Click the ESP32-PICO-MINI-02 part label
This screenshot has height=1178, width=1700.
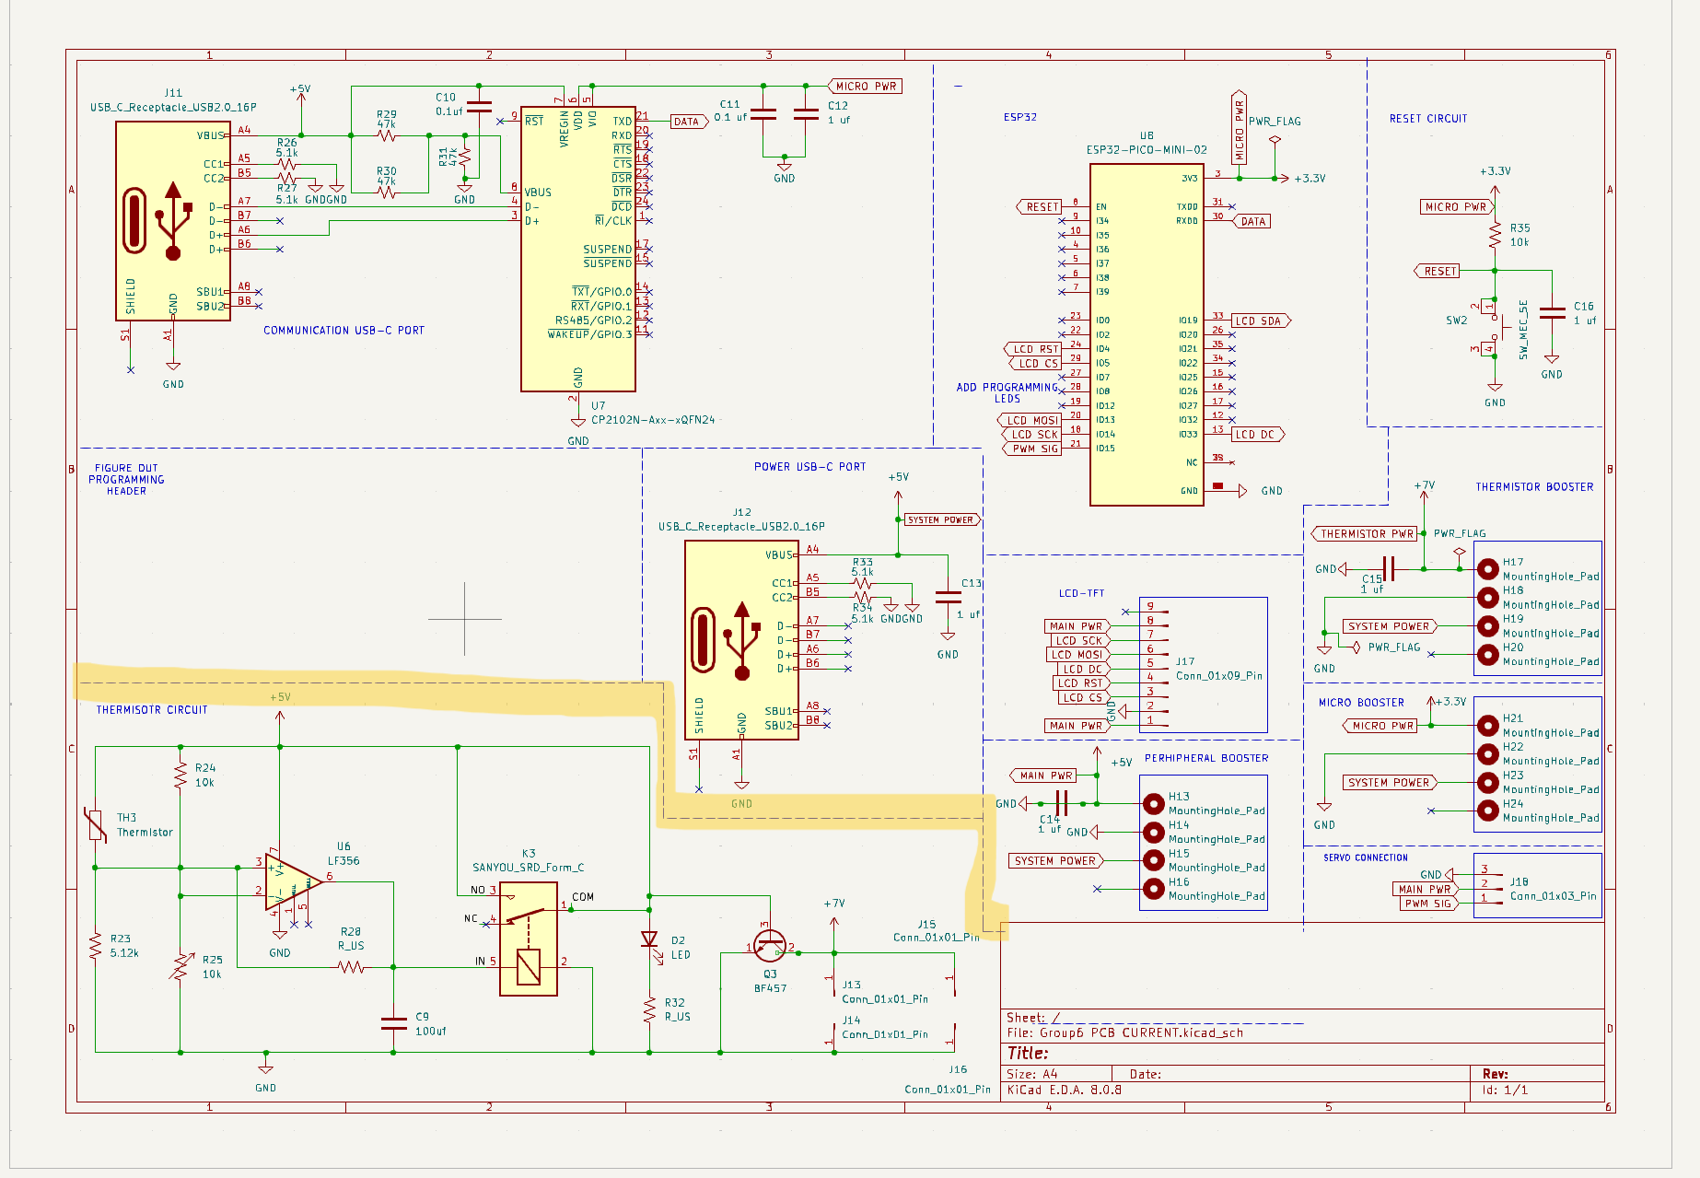pyautogui.click(x=1146, y=149)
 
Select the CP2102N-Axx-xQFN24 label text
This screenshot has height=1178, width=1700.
pyautogui.click(x=652, y=420)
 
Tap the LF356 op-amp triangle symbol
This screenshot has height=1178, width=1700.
pyautogui.click(x=291, y=881)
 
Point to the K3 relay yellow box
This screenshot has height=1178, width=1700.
pyautogui.click(x=529, y=939)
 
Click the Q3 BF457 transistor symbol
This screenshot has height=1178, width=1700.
pyautogui.click(x=769, y=946)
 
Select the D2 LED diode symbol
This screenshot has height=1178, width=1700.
pyautogui.click(x=649, y=940)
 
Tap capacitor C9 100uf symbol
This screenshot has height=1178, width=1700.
pyautogui.click(x=393, y=1023)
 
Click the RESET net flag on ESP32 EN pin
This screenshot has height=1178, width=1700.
pyautogui.click(x=1041, y=207)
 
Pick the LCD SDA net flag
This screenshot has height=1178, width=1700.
pyautogui.click(x=1260, y=321)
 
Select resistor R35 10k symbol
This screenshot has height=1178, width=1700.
pyautogui.click(x=1495, y=236)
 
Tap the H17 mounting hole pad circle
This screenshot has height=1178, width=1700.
pyautogui.click(x=1487, y=569)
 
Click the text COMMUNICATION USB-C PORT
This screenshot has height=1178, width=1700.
pyautogui.click(x=343, y=331)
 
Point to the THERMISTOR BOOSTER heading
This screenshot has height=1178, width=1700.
pyautogui.click(x=1533, y=487)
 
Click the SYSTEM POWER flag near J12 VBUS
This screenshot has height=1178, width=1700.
pyautogui.click(x=941, y=520)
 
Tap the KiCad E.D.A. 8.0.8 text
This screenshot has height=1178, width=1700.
pyautogui.click(x=1064, y=1091)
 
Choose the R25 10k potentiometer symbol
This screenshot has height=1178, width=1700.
pyautogui.click(x=180, y=967)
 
